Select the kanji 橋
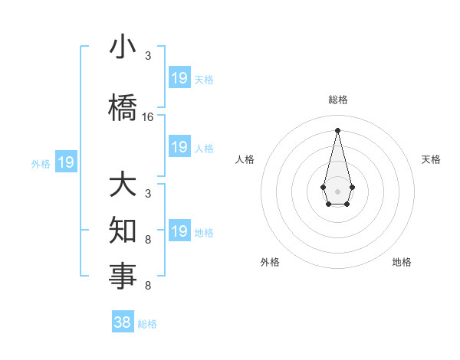tap(123, 107)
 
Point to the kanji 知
tap(123, 230)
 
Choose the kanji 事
tap(123, 276)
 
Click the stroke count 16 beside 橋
tap(148, 117)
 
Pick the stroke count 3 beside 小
tap(148, 57)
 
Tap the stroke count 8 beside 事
tap(148, 286)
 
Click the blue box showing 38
tap(122, 322)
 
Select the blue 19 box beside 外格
tap(65, 162)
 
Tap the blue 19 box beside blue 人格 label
tap(179, 147)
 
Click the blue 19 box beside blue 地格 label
tap(179, 231)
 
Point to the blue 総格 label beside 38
tap(147, 324)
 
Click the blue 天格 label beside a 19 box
tap(204, 79)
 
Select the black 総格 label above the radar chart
tap(338, 100)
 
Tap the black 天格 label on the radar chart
tap(431, 159)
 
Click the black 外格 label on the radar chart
tap(270, 262)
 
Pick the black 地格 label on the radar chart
tap(402, 262)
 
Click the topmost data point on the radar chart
tap(337, 129)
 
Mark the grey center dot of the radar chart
tap(337, 190)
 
